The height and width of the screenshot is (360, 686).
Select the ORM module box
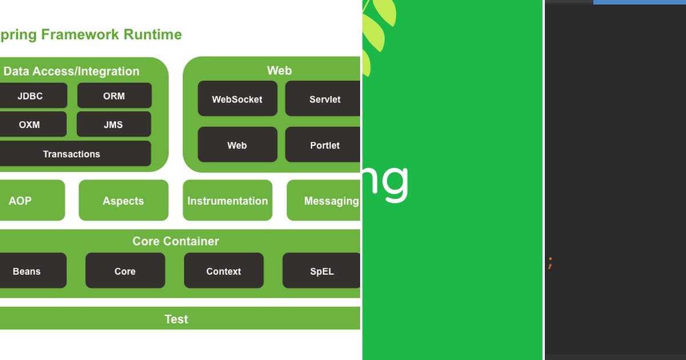pyautogui.click(x=114, y=96)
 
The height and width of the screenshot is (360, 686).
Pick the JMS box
pyautogui.click(x=113, y=125)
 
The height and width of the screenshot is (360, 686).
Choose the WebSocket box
pyautogui.click(x=237, y=99)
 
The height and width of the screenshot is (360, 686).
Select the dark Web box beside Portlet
pyautogui.click(x=237, y=145)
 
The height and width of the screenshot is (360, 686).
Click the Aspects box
pyautogui.click(x=123, y=201)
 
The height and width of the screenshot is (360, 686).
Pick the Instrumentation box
pyautogui.click(x=228, y=201)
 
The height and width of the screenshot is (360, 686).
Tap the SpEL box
pyautogui.click(x=321, y=271)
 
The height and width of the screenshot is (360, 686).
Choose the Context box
pyautogui.click(x=224, y=271)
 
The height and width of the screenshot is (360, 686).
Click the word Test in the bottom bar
pyautogui.click(x=176, y=319)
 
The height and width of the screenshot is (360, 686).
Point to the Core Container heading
pyautogui.click(x=176, y=241)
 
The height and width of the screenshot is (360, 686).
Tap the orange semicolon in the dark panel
pyautogui.click(x=549, y=263)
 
